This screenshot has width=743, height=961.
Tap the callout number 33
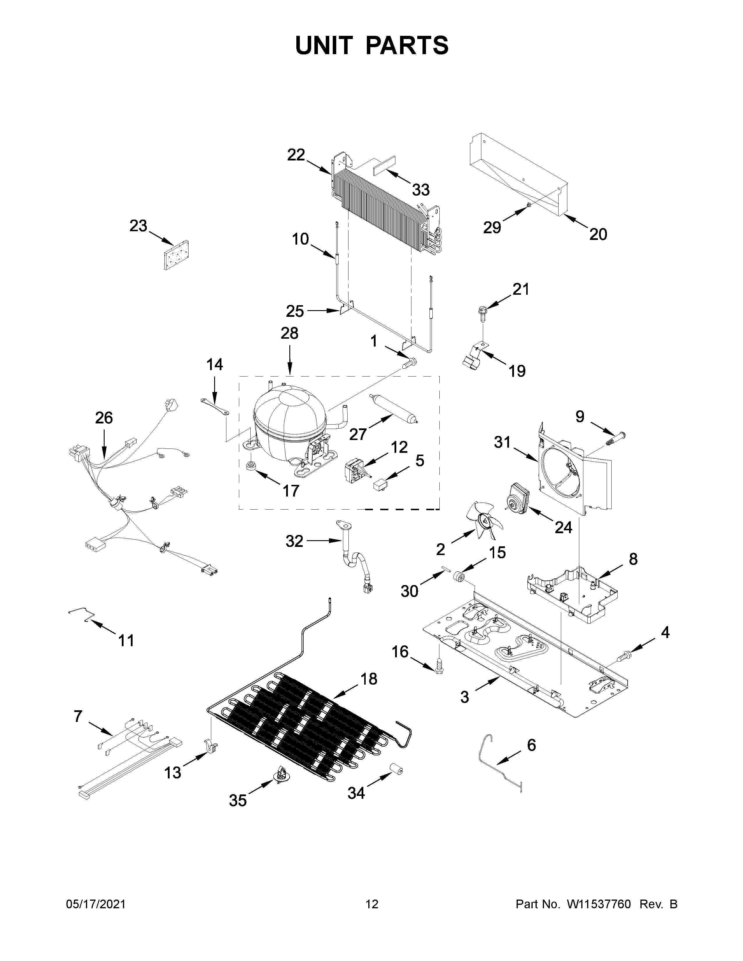[420, 190]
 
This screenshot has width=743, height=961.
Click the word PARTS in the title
[407, 45]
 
